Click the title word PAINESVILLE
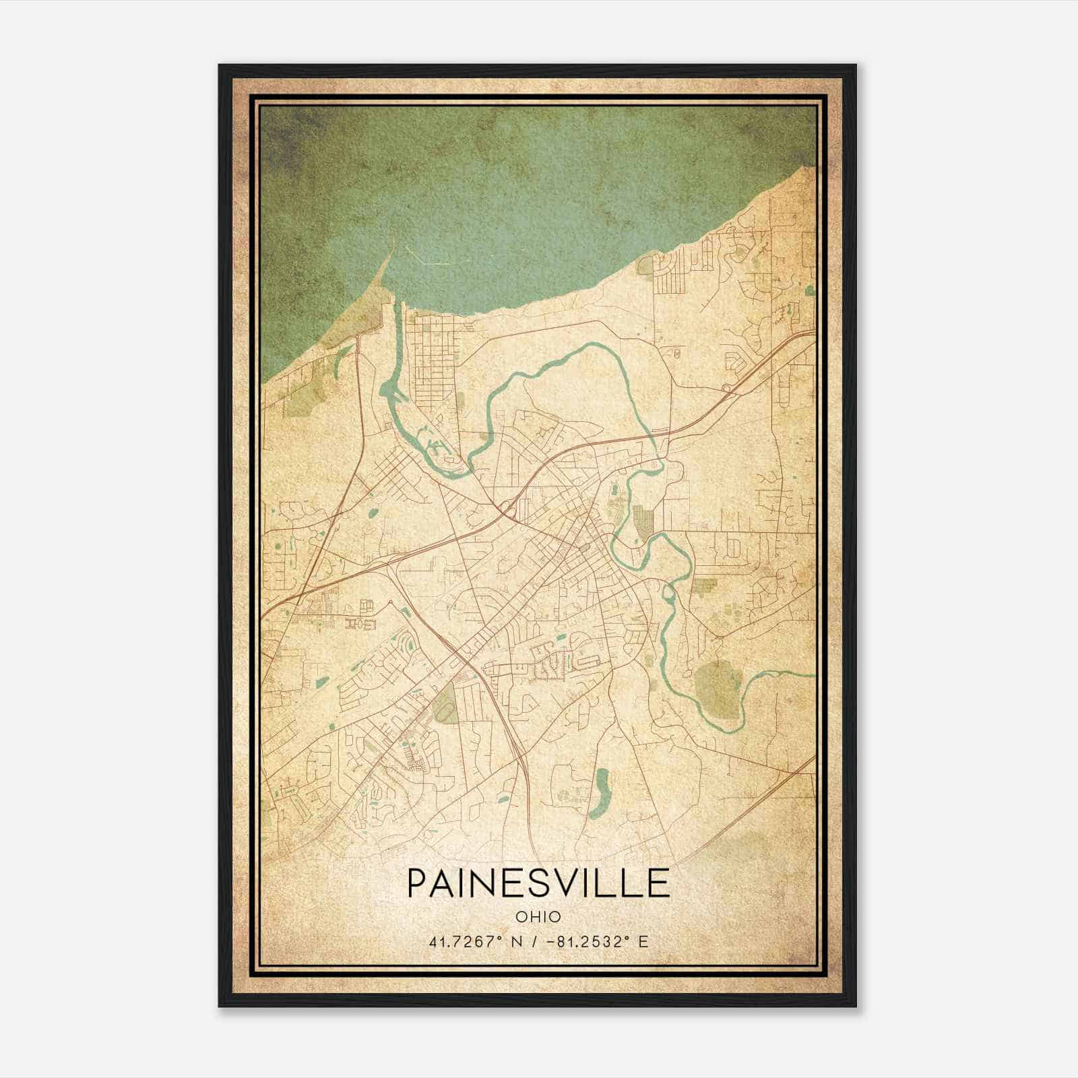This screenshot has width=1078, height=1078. pyautogui.click(x=538, y=883)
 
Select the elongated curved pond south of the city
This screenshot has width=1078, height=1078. pyautogui.click(x=598, y=795)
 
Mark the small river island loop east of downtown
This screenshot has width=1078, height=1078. pyautogui.click(x=669, y=593)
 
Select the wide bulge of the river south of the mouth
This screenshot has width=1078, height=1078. pyautogui.click(x=389, y=391)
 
